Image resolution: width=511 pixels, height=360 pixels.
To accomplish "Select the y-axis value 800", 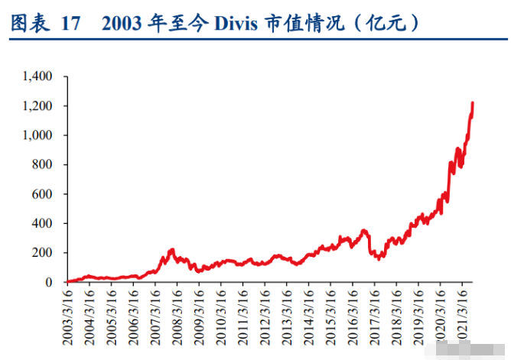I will pos(42,164).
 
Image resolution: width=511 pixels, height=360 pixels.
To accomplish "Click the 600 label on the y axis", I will pos(42,194).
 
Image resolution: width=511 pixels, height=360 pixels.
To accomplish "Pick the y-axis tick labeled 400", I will pos(42,223).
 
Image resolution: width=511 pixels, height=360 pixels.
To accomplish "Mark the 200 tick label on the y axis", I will pos(42,253).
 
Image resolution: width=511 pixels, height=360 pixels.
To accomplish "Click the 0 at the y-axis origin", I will pos(48,282).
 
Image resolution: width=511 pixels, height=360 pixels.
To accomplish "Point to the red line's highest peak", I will pos(473,102).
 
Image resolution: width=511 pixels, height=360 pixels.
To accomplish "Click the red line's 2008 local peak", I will pos(171,250).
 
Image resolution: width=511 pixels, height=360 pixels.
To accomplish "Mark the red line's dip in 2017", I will pos(378,258).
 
